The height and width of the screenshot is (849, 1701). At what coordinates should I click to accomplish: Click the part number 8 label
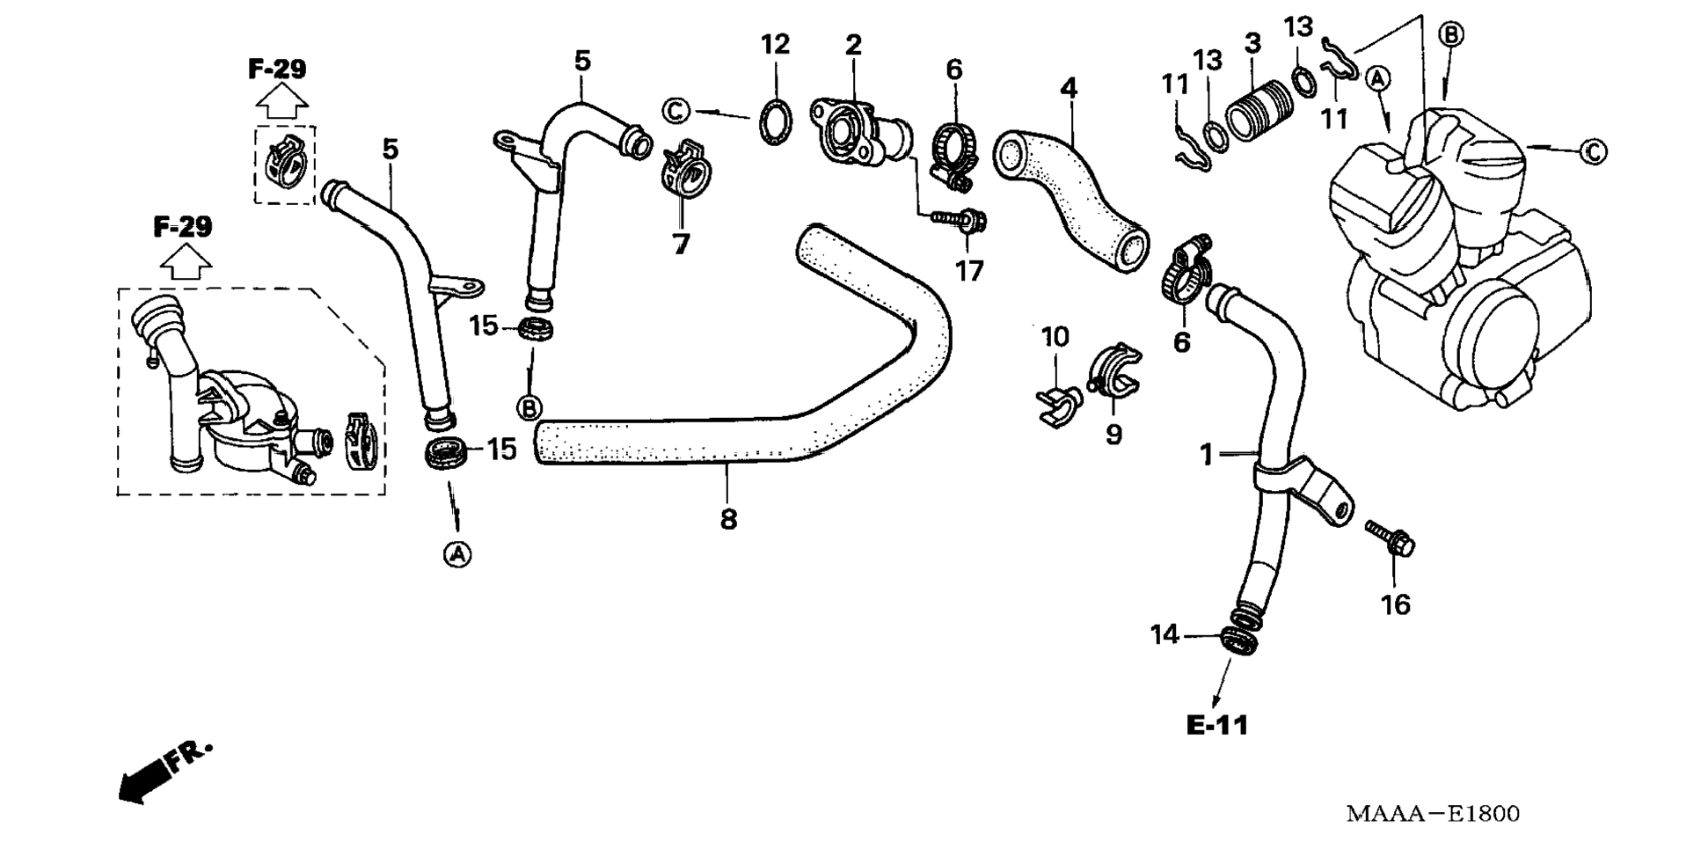click(728, 520)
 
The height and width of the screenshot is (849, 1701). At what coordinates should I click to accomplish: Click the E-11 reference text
click(1217, 726)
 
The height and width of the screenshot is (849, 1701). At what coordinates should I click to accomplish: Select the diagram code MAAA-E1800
click(1433, 814)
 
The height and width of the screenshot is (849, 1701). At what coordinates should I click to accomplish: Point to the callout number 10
click(1055, 337)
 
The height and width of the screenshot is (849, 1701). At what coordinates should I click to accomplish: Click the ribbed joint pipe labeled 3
click(1259, 110)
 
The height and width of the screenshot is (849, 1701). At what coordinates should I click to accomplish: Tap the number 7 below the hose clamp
click(681, 244)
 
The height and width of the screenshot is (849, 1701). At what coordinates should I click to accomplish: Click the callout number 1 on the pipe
click(1207, 455)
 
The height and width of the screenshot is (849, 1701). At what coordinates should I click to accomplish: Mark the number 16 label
click(1395, 605)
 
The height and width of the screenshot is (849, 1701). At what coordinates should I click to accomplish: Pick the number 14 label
click(1164, 634)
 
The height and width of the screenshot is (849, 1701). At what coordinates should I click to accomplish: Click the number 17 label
click(969, 271)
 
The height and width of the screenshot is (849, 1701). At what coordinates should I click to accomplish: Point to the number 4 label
click(1068, 89)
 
